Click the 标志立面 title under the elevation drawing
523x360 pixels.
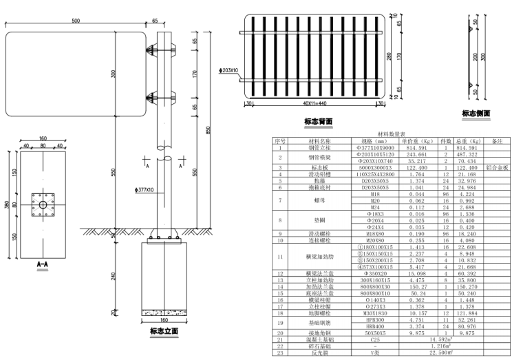point(163,331)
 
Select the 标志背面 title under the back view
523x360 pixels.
point(318,121)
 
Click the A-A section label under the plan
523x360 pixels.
point(43,264)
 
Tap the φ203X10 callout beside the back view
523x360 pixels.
point(228,70)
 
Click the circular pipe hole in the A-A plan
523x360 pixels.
point(43,204)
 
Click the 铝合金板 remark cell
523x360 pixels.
point(496,167)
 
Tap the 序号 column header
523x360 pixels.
point(280,141)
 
